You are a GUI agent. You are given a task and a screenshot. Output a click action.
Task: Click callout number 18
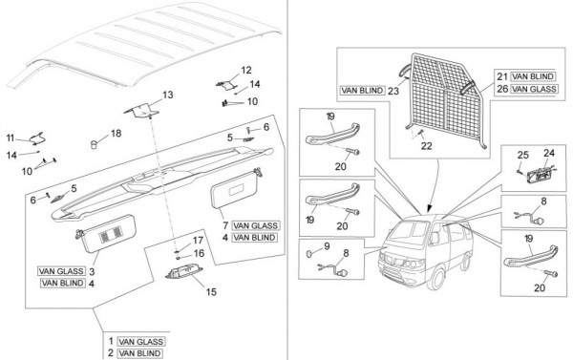(116, 133)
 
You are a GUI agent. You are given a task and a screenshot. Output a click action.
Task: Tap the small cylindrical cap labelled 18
(95, 144)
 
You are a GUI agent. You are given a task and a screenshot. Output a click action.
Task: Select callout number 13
(168, 95)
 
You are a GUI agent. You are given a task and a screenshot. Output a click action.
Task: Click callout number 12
(246, 70)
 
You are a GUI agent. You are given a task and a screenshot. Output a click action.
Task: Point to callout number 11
(11, 138)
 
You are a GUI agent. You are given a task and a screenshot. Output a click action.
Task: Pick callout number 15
(211, 292)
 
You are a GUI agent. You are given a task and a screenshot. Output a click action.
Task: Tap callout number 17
(198, 241)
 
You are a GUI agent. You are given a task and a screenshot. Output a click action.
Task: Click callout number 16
(200, 253)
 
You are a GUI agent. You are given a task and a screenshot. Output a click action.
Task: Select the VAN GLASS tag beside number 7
(256, 226)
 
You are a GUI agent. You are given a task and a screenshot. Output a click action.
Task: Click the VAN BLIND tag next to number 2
(140, 353)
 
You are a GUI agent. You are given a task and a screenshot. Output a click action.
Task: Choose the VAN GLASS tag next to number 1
(140, 342)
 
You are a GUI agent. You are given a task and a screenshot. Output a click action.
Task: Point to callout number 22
(427, 146)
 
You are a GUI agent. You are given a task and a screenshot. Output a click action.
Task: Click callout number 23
(393, 91)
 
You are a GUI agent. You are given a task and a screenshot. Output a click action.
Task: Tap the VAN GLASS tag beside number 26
(534, 89)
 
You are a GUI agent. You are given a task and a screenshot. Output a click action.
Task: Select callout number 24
(549, 153)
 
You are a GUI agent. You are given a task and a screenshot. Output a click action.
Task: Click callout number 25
(523, 155)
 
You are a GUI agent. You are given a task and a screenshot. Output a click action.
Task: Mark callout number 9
(327, 246)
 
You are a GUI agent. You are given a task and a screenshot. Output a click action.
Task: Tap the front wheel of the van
(437, 278)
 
